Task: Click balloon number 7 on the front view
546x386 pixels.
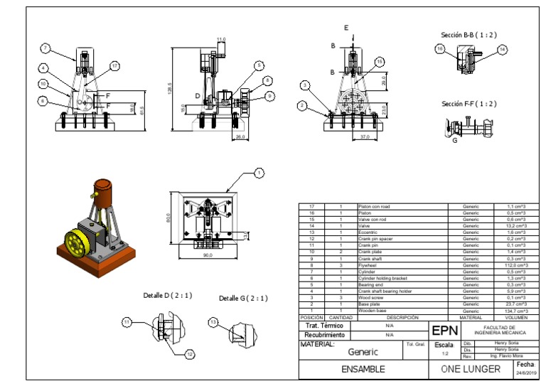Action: point(45,48)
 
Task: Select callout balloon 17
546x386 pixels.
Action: point(114,65)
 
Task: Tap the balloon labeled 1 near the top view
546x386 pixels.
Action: point(259,173)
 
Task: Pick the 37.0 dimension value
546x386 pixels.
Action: point(364,136)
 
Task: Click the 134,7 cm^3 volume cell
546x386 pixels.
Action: point(515,311)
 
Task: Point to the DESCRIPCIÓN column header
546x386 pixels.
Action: point(402,317)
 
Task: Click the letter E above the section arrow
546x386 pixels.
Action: point(347,28)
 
